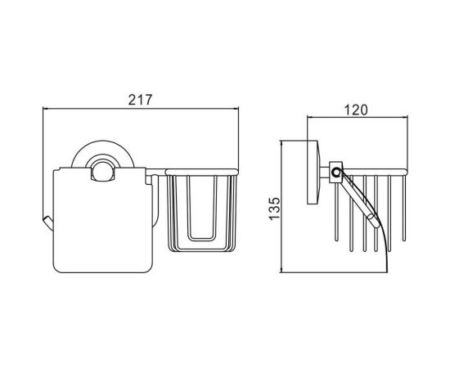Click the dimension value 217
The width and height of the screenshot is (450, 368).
tap(140, 100)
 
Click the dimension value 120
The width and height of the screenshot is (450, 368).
tap(356, 110)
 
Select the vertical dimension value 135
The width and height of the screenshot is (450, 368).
tap(274, 209)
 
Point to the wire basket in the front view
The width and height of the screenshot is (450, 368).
tap(202, 210)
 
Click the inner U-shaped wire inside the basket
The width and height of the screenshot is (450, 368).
tap(201, 208)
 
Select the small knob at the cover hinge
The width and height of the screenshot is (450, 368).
tap(103, 171)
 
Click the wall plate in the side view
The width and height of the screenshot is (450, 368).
tap(313, 172)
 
